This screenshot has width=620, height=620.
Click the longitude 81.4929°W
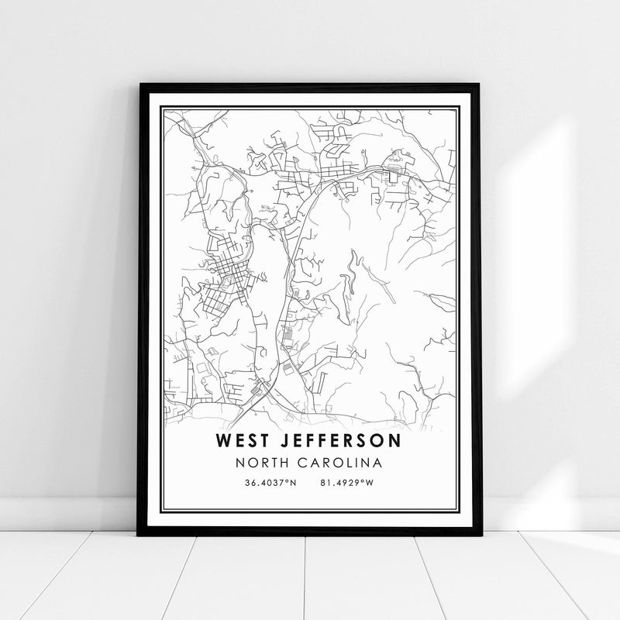346,483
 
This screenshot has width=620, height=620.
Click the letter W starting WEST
225,441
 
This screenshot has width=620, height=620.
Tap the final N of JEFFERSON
395,441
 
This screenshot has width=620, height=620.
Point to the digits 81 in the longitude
323,483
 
